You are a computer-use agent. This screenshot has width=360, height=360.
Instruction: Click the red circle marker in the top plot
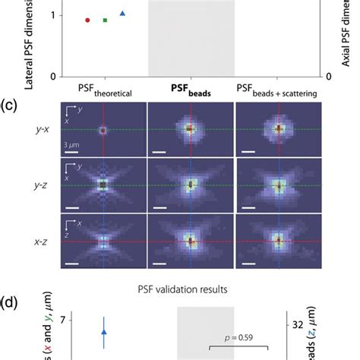[x=87, y=20]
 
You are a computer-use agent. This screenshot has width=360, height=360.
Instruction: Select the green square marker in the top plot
[x=105, y=20]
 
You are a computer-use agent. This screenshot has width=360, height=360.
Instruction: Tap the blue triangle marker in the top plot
[x=123, y=14]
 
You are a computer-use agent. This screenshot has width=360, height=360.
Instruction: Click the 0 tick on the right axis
[x=328, y=77]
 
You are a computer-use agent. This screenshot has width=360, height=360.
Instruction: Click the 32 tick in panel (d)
[x=335, y=324]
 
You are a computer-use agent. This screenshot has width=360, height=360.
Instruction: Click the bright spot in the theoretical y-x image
[x=103, y=130]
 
